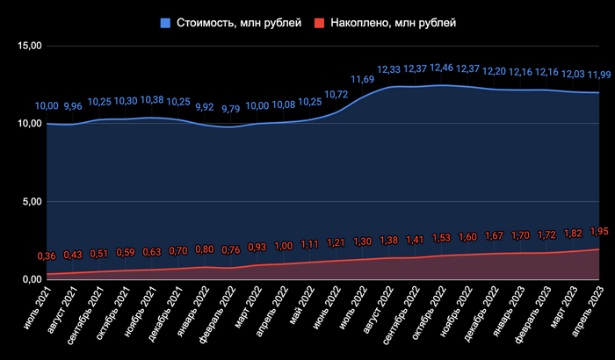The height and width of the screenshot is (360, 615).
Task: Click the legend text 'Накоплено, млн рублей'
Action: (394, 22)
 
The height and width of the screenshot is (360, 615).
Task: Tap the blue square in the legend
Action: (165, 22)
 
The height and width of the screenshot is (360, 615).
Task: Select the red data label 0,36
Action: (47, 256)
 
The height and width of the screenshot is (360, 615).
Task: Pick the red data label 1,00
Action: (284, 246)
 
